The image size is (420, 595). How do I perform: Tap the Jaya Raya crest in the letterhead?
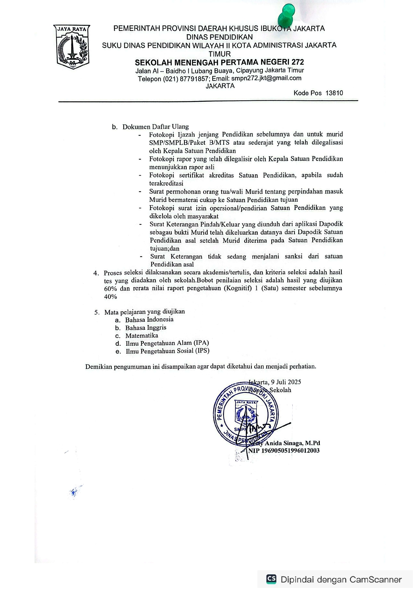coord(72,47)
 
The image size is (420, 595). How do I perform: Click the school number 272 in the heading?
coord(297,62)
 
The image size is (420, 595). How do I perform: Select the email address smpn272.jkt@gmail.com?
coord(266,78)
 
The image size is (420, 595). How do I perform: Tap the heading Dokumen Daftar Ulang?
coord(155,127)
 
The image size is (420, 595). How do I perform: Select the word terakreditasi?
coord(166,183)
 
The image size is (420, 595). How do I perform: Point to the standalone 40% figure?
coord(110,297)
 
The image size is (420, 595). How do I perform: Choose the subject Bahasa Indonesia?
coord(149,319)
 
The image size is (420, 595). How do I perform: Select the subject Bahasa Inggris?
coord(146,328)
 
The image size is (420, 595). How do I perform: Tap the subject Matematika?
coord(142,336)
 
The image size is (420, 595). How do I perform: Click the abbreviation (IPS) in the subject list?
coord(202,351)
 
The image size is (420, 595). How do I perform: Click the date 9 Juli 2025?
coord(286,382)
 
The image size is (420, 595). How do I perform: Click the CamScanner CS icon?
coord(271,579)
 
